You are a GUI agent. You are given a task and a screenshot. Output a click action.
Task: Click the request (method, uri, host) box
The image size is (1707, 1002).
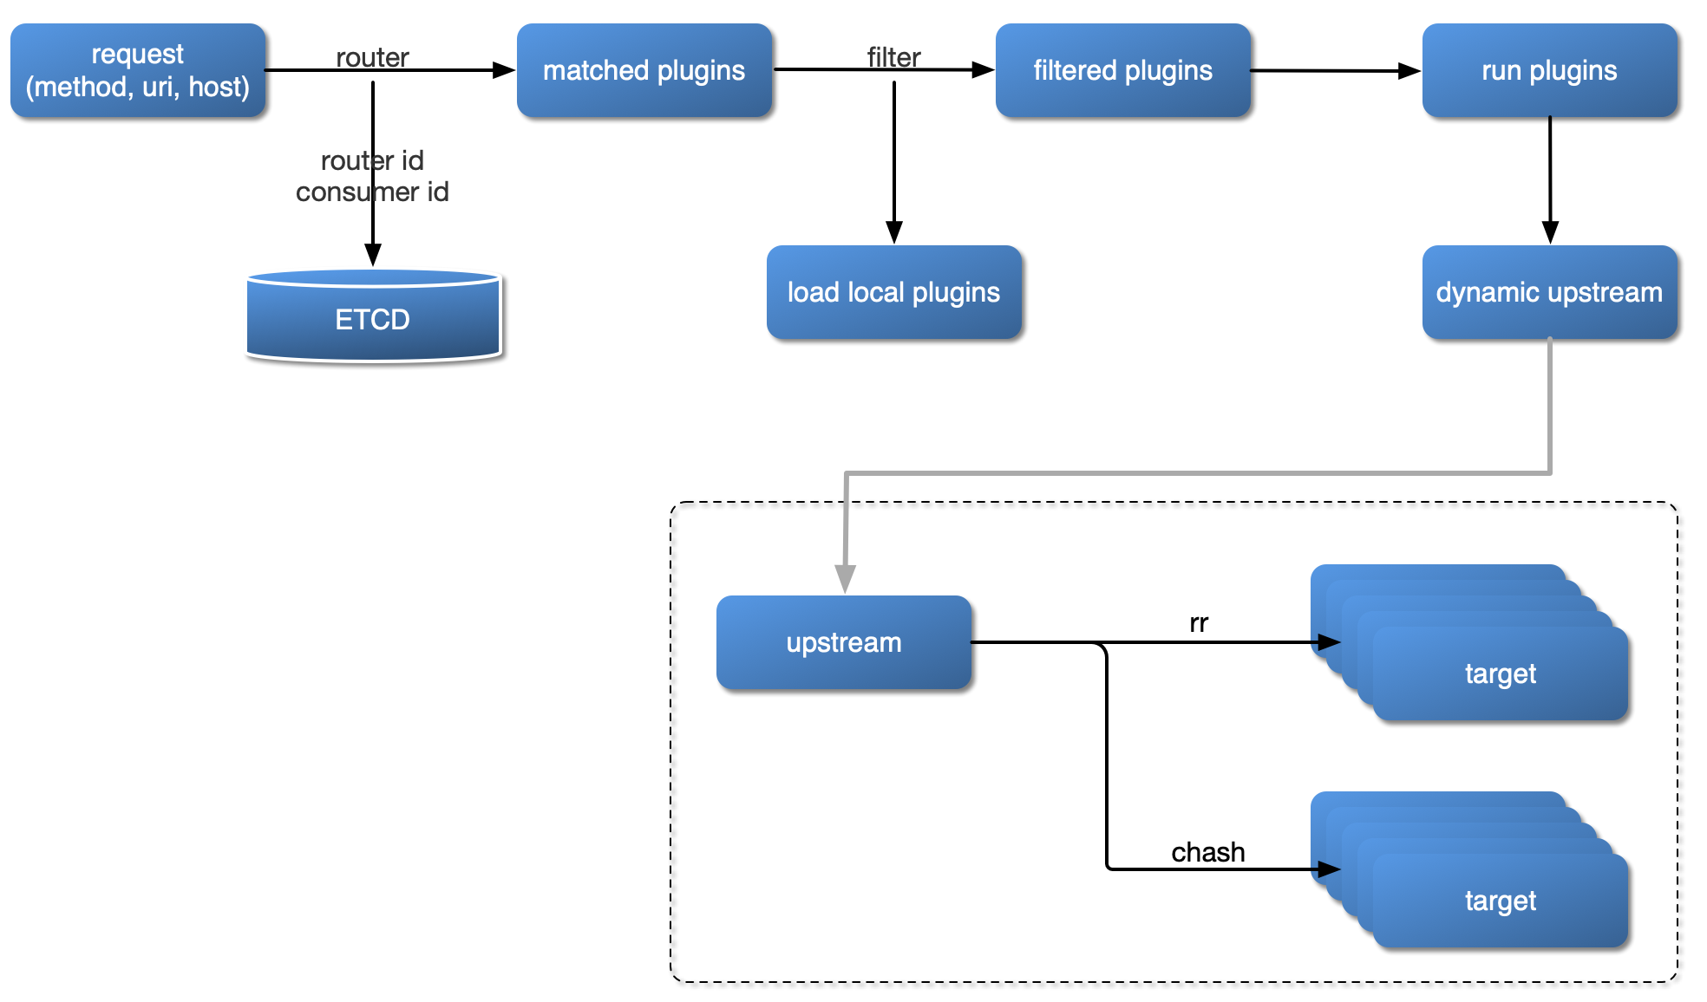(x=137, y=70)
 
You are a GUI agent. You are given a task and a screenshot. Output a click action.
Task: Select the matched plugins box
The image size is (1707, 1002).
(x=644, y=70)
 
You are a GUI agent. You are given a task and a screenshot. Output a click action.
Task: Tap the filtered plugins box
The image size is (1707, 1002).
(x=1122, y=70)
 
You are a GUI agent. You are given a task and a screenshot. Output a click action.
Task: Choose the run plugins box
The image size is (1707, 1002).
(x=1549, y=70)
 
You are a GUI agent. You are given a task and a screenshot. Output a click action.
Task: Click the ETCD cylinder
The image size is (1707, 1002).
(x=373, y=318)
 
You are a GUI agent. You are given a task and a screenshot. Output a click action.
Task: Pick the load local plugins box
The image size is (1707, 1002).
(x=893, y=292)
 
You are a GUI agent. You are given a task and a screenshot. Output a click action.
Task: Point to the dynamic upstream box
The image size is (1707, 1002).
(x=1549, y=292)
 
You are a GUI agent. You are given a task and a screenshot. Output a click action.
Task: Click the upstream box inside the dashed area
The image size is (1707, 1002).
(x=843, y=642)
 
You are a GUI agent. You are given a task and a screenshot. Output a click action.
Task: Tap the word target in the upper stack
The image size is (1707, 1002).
(x=1500, y=673)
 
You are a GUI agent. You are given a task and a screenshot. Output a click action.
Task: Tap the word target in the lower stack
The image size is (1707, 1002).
(x=1500, y=901)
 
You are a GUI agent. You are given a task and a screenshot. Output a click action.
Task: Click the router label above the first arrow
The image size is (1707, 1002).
(x=372, y=57)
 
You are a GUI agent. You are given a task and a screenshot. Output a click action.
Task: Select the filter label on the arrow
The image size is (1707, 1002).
(x=893, y=57)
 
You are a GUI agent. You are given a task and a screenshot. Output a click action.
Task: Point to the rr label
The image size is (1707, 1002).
(x=1198, y=622)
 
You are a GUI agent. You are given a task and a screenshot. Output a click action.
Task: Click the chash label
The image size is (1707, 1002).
(x=1207, y=852)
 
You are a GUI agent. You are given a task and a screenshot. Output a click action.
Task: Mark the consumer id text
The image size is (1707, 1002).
(x=372, y=192)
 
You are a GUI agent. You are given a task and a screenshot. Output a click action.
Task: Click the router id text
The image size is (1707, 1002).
(x=372, y=160)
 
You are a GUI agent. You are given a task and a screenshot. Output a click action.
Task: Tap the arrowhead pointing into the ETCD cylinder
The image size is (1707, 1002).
(x=373, y=255)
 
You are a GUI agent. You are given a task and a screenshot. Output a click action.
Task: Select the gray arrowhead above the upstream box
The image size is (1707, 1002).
(x=845, y=578)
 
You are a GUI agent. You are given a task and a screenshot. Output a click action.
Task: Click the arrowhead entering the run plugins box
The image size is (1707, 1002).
(x=1409, y=71)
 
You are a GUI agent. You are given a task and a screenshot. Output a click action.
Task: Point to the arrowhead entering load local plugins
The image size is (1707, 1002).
(x=894, y=232)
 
